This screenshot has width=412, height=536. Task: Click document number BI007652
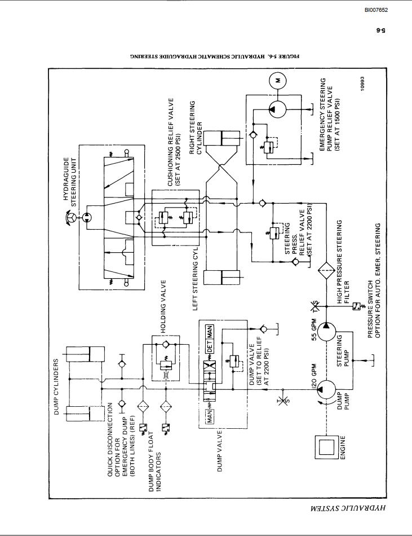(375, 10)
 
